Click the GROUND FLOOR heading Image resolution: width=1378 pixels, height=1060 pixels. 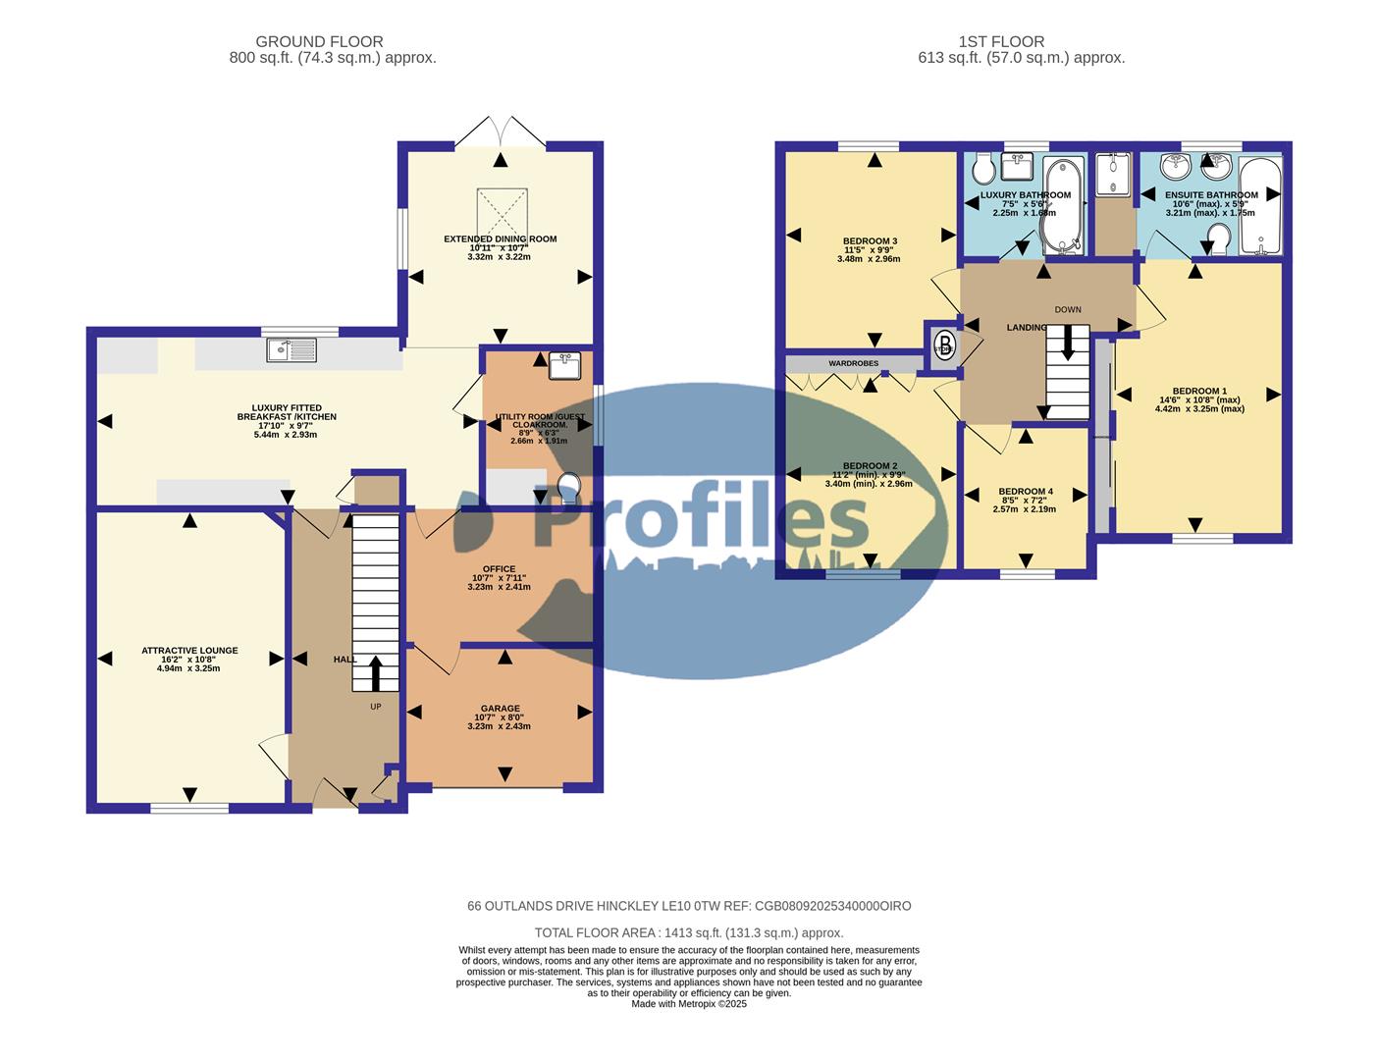319,41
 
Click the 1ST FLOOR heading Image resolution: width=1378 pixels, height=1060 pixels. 1001,41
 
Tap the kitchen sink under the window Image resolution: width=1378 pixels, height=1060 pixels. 291,348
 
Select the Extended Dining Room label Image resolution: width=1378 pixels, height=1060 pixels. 500,238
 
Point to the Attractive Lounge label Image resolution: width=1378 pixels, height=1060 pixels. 189,651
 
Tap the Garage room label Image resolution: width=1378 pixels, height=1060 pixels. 500,709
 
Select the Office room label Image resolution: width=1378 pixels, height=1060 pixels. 499,569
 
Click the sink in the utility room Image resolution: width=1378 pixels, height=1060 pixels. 564,365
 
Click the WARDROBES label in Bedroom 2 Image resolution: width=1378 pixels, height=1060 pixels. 853,363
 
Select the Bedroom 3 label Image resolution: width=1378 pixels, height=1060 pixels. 870,241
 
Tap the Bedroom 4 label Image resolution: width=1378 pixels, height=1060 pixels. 1025,492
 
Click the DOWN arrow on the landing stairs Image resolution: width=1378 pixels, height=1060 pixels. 1068,344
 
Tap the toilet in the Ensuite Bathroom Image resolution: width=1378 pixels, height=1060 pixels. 1219,236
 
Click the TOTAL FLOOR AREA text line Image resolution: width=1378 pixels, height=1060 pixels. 688,933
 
